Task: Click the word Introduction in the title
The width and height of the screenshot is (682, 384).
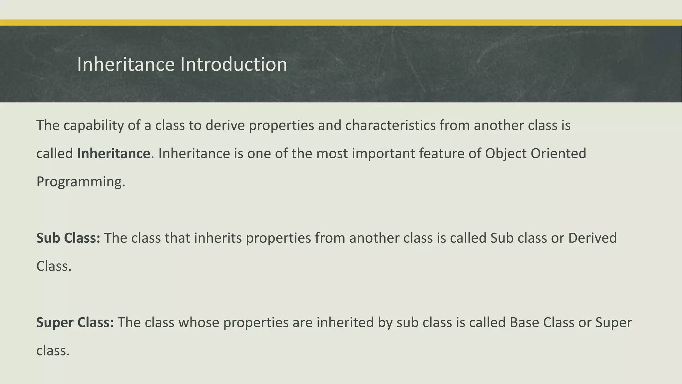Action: point(233,64)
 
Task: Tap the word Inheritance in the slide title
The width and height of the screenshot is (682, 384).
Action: point(126,64)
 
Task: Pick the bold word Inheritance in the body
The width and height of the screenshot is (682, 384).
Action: point(114,154)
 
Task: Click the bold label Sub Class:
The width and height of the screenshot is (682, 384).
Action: point(68,238)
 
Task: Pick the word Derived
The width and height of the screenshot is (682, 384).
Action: point(592,238)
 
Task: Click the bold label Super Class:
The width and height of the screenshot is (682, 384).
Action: point(75,323)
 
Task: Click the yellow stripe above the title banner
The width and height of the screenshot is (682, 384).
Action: point(341,23)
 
